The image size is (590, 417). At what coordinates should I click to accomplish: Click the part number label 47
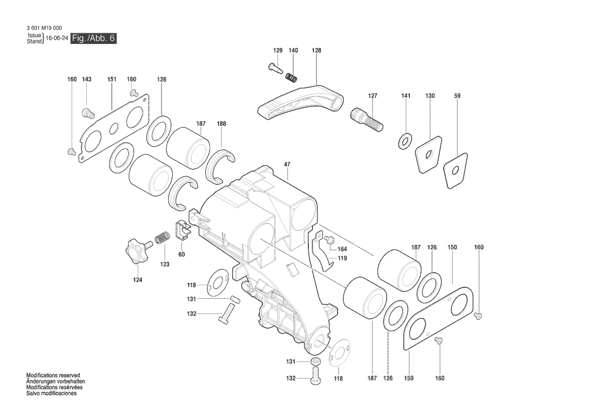287,164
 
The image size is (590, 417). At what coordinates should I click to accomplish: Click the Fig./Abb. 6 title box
93,38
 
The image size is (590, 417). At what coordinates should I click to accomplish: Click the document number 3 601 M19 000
44,28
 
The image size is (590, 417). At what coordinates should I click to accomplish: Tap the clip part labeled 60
183,230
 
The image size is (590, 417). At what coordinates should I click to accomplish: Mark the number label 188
221,124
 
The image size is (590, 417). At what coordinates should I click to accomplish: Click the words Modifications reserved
53,376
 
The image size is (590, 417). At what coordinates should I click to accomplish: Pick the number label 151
112,79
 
